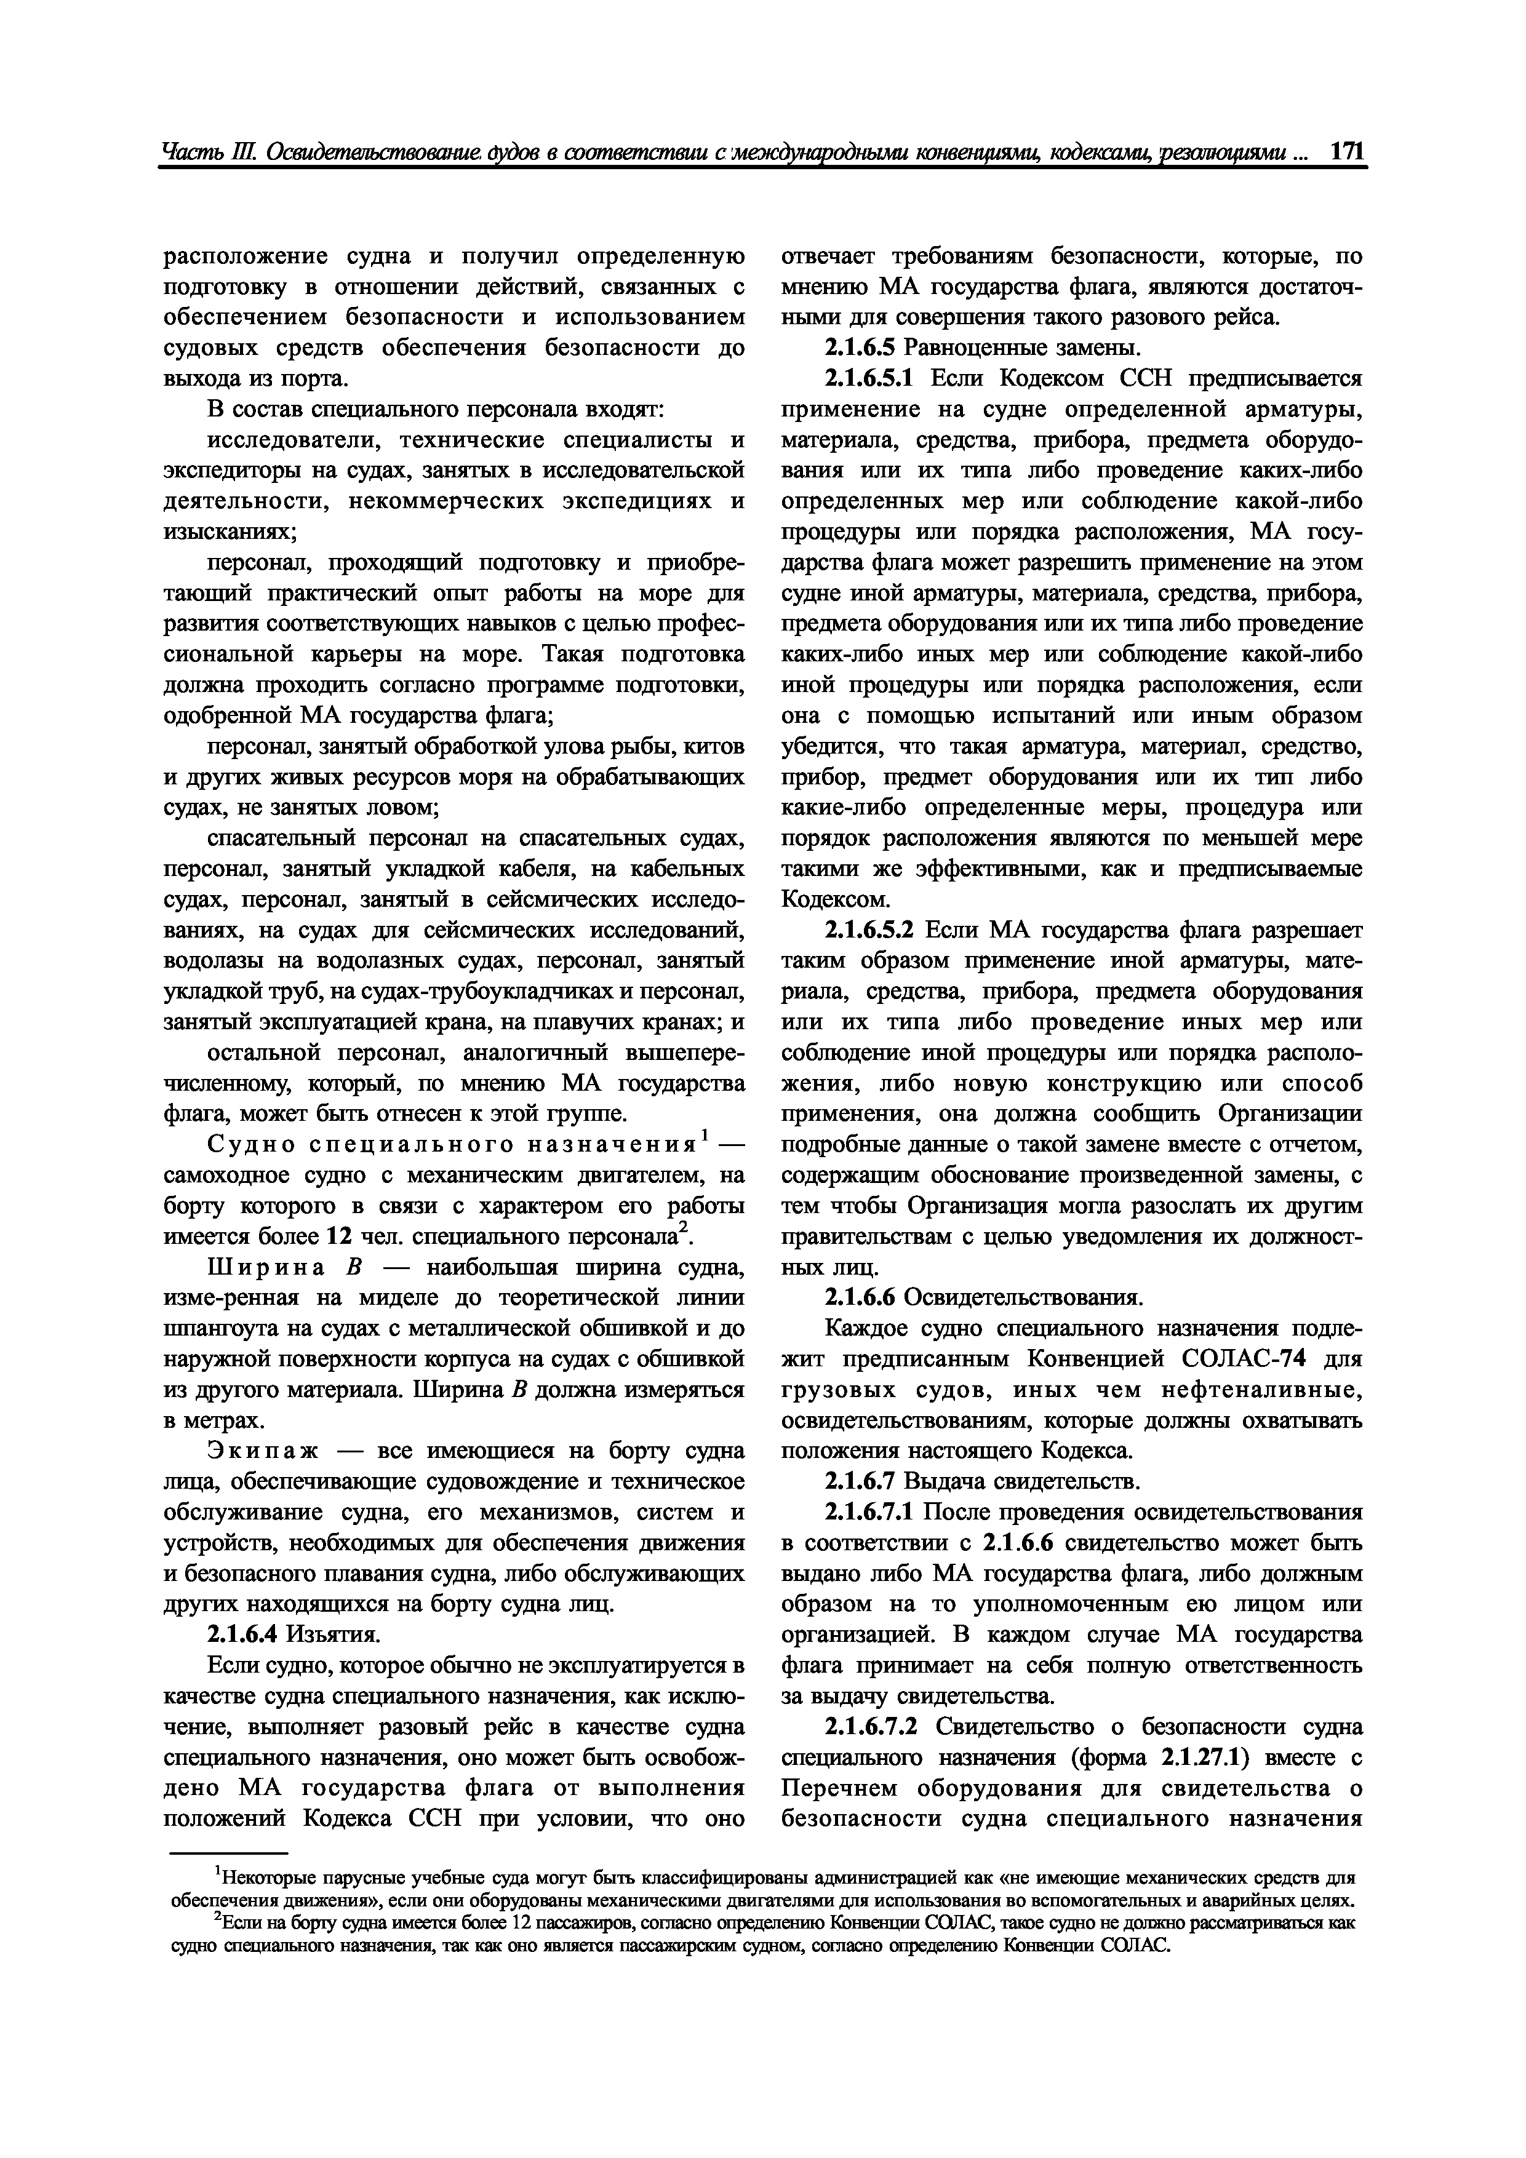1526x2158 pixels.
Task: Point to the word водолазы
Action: tap(218, 962)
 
